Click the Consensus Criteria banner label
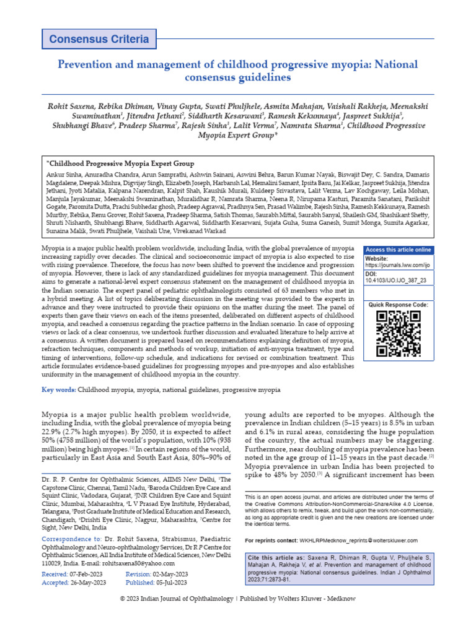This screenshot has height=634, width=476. [x=99, y=40]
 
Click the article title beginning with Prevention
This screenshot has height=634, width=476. [x=238, y=71]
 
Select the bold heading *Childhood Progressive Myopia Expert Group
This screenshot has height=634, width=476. [x=120, y=163]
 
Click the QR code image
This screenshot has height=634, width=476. [x=398, y=334]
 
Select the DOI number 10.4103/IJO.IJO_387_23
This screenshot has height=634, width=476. [x=395, y=280]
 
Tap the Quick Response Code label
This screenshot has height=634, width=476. [x=399, y=305]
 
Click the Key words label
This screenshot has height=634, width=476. [x=59, y=390]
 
